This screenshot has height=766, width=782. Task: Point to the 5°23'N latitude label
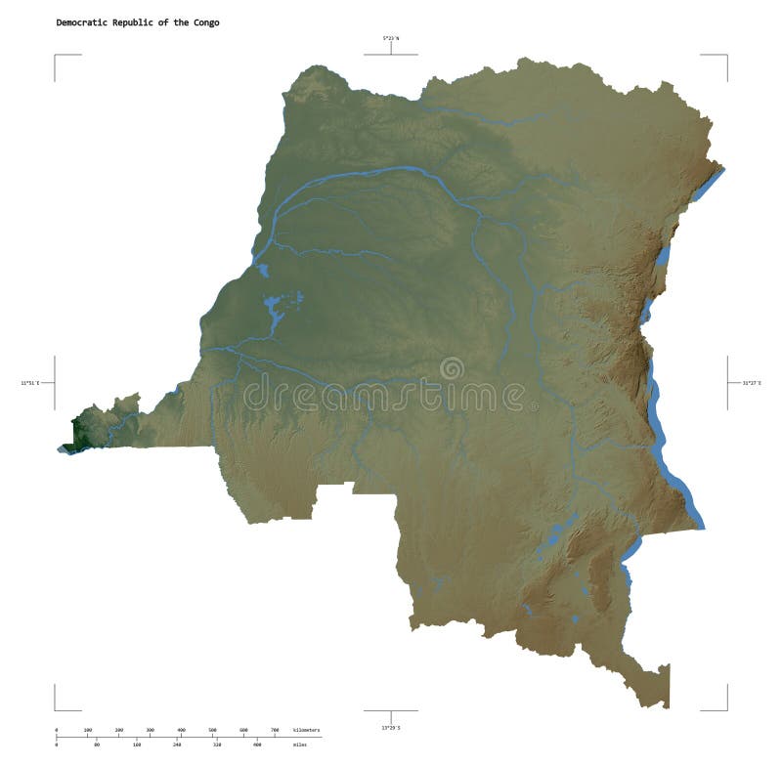pyautogui.click(x=391, y=38)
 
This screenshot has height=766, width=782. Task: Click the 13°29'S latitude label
pyautogui.click(x=391, y=727)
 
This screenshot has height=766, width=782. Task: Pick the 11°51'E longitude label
pyautogui.click(x=29, y=383)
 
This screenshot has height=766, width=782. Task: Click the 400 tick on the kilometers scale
pyautogui.click(x=181, y=731)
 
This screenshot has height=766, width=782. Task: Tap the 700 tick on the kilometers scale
pyautogui.click(x=275, y=731)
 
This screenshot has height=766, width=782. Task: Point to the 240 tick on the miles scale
pyautogui.click(x=176, y=745)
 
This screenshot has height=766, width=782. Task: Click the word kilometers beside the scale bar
pyautogui.click(x=306, y=731)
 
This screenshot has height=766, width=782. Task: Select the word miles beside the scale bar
pyautogui.click(x=299, y=745)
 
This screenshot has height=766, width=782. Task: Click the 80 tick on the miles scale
pyautogui.click(x=97, y=745)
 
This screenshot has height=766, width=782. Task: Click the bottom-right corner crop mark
pyautogui.click(x=726, y=709)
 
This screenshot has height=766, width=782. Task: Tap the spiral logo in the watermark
pyautogui.click(x=452, y=369)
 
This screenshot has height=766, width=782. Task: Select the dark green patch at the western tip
pyautogui.click(x=77, y=433)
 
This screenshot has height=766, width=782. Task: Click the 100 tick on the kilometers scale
pyautogui.click(x=88, y=731)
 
